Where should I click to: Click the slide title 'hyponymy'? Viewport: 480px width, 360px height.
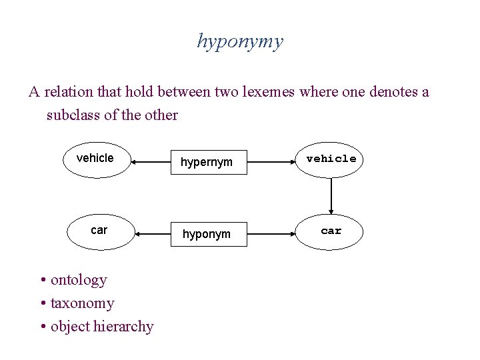pos(240,41)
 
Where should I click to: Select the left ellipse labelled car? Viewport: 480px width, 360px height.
pos(99,232)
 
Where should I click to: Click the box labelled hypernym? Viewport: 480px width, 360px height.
pos(207,161)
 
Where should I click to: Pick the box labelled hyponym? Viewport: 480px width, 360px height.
pos(207,233)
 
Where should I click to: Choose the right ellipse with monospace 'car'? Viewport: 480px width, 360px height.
pos(331,232)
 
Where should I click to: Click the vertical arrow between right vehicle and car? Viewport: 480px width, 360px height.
pos(331,196)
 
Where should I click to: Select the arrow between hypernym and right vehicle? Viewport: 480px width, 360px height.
pos(271,161)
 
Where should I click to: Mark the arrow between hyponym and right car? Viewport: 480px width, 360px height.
pos(271,233)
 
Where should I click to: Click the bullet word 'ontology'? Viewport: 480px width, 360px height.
pos(79,280)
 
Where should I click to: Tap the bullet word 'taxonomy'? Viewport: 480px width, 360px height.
pos(83,303)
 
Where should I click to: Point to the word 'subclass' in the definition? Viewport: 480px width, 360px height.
pos(73,115)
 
